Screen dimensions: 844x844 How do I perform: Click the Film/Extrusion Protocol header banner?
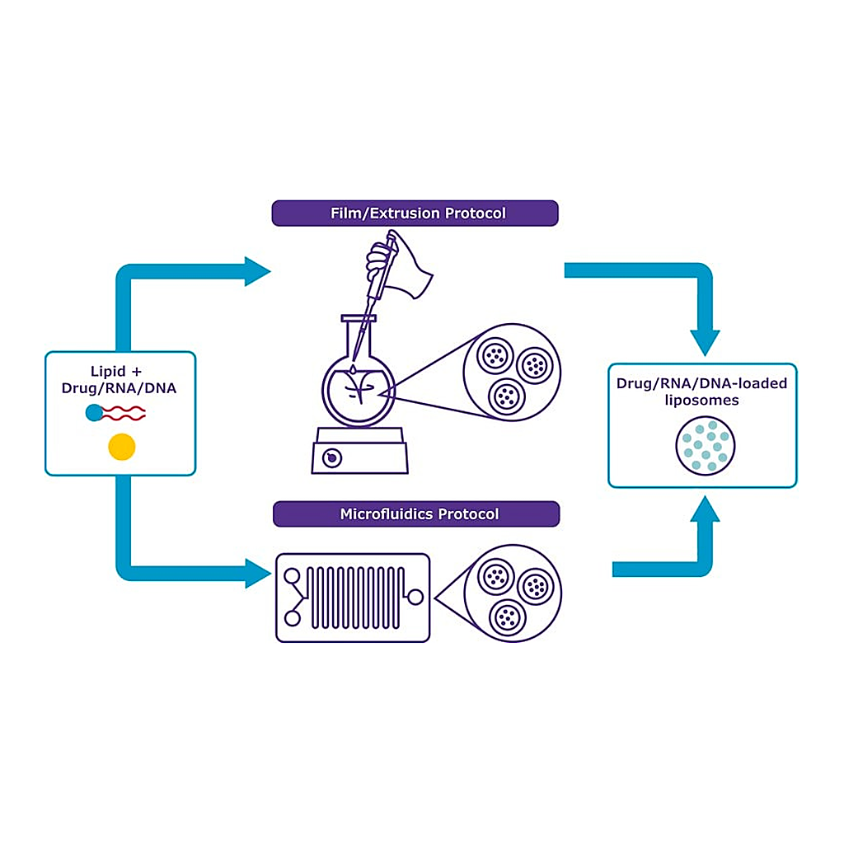pos(415,213)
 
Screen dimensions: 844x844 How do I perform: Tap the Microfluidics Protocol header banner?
pos(416,514)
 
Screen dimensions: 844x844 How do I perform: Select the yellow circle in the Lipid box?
pos(122,447)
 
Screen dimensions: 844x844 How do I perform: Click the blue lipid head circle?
pos(94,413)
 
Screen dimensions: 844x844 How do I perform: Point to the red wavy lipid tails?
pos(124,414)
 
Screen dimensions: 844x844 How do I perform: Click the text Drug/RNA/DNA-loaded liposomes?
pos(702,392)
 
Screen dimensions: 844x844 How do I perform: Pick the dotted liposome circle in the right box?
pos(706,446)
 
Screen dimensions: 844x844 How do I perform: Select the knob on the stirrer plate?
pos(332,458)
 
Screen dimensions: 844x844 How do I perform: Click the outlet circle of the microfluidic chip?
pos(415,597)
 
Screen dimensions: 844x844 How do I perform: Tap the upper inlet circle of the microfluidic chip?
pos(293,576)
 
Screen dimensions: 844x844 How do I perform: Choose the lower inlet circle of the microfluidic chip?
pos(293,618)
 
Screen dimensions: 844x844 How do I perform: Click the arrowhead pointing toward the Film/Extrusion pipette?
pos(257,271)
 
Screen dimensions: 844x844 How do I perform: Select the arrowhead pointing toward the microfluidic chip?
pos(258,574)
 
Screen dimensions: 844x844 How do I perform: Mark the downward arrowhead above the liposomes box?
pos(706,343)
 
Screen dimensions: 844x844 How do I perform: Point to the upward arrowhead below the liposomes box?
pos(706,509)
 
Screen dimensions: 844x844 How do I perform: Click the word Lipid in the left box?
pos(108,372)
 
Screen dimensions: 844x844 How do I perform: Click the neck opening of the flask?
pos(359,319)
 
